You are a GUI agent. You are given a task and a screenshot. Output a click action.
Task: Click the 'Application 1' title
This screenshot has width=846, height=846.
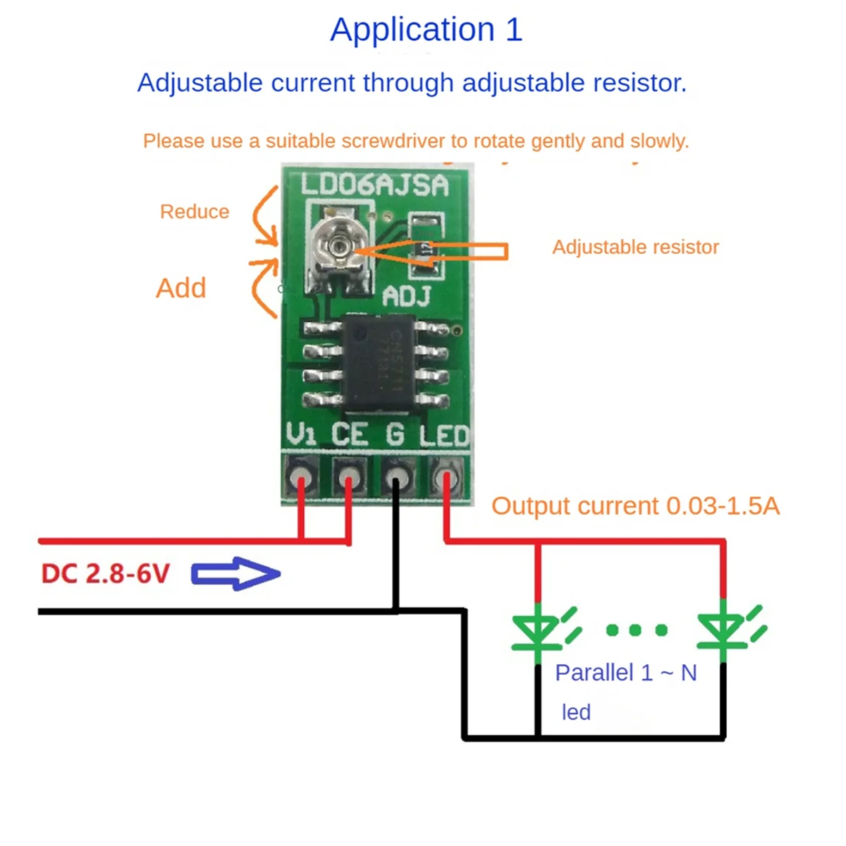point(426,30)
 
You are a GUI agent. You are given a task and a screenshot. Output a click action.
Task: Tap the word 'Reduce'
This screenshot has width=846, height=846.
point(195,211)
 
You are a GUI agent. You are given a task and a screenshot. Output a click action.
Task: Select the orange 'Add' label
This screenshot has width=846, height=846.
point(181,288)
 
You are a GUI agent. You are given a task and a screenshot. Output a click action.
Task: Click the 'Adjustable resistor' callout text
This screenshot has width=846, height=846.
point(635,247)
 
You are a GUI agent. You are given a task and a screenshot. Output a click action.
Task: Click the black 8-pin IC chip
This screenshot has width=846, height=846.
point(379,363)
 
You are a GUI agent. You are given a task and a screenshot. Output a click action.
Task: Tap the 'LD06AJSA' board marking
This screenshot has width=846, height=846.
point(374,185)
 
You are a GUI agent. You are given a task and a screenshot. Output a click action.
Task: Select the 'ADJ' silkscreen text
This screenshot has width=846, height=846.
point(407,297)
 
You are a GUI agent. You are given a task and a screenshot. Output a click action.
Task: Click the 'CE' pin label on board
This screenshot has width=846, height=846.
point(350,434)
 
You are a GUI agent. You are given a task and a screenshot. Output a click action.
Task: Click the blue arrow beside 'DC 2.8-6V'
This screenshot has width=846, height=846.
point(235,574)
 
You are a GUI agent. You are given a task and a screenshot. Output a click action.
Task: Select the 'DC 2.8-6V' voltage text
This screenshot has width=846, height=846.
point(106,574)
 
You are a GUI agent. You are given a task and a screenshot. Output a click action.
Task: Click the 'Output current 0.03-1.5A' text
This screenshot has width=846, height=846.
point(634,505)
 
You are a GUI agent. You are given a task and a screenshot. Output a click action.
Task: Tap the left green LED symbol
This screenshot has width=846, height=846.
point(537,630)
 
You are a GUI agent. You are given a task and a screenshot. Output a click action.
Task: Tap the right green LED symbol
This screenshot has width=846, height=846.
point(723,630)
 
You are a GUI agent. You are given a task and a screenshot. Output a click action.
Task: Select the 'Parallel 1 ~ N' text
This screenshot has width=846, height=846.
point(625,673)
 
